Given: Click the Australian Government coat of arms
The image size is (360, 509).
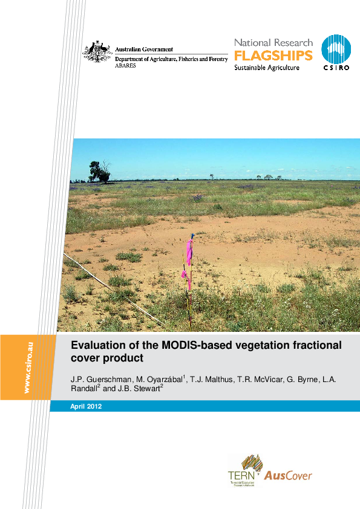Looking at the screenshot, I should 97,53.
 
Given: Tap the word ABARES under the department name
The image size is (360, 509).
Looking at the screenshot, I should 126,65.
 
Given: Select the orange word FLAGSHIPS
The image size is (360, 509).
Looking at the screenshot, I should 273,56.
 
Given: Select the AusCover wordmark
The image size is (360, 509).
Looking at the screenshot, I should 288,475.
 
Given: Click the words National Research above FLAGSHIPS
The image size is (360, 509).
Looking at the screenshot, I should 273,43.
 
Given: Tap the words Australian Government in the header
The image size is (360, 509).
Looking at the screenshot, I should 144,50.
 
